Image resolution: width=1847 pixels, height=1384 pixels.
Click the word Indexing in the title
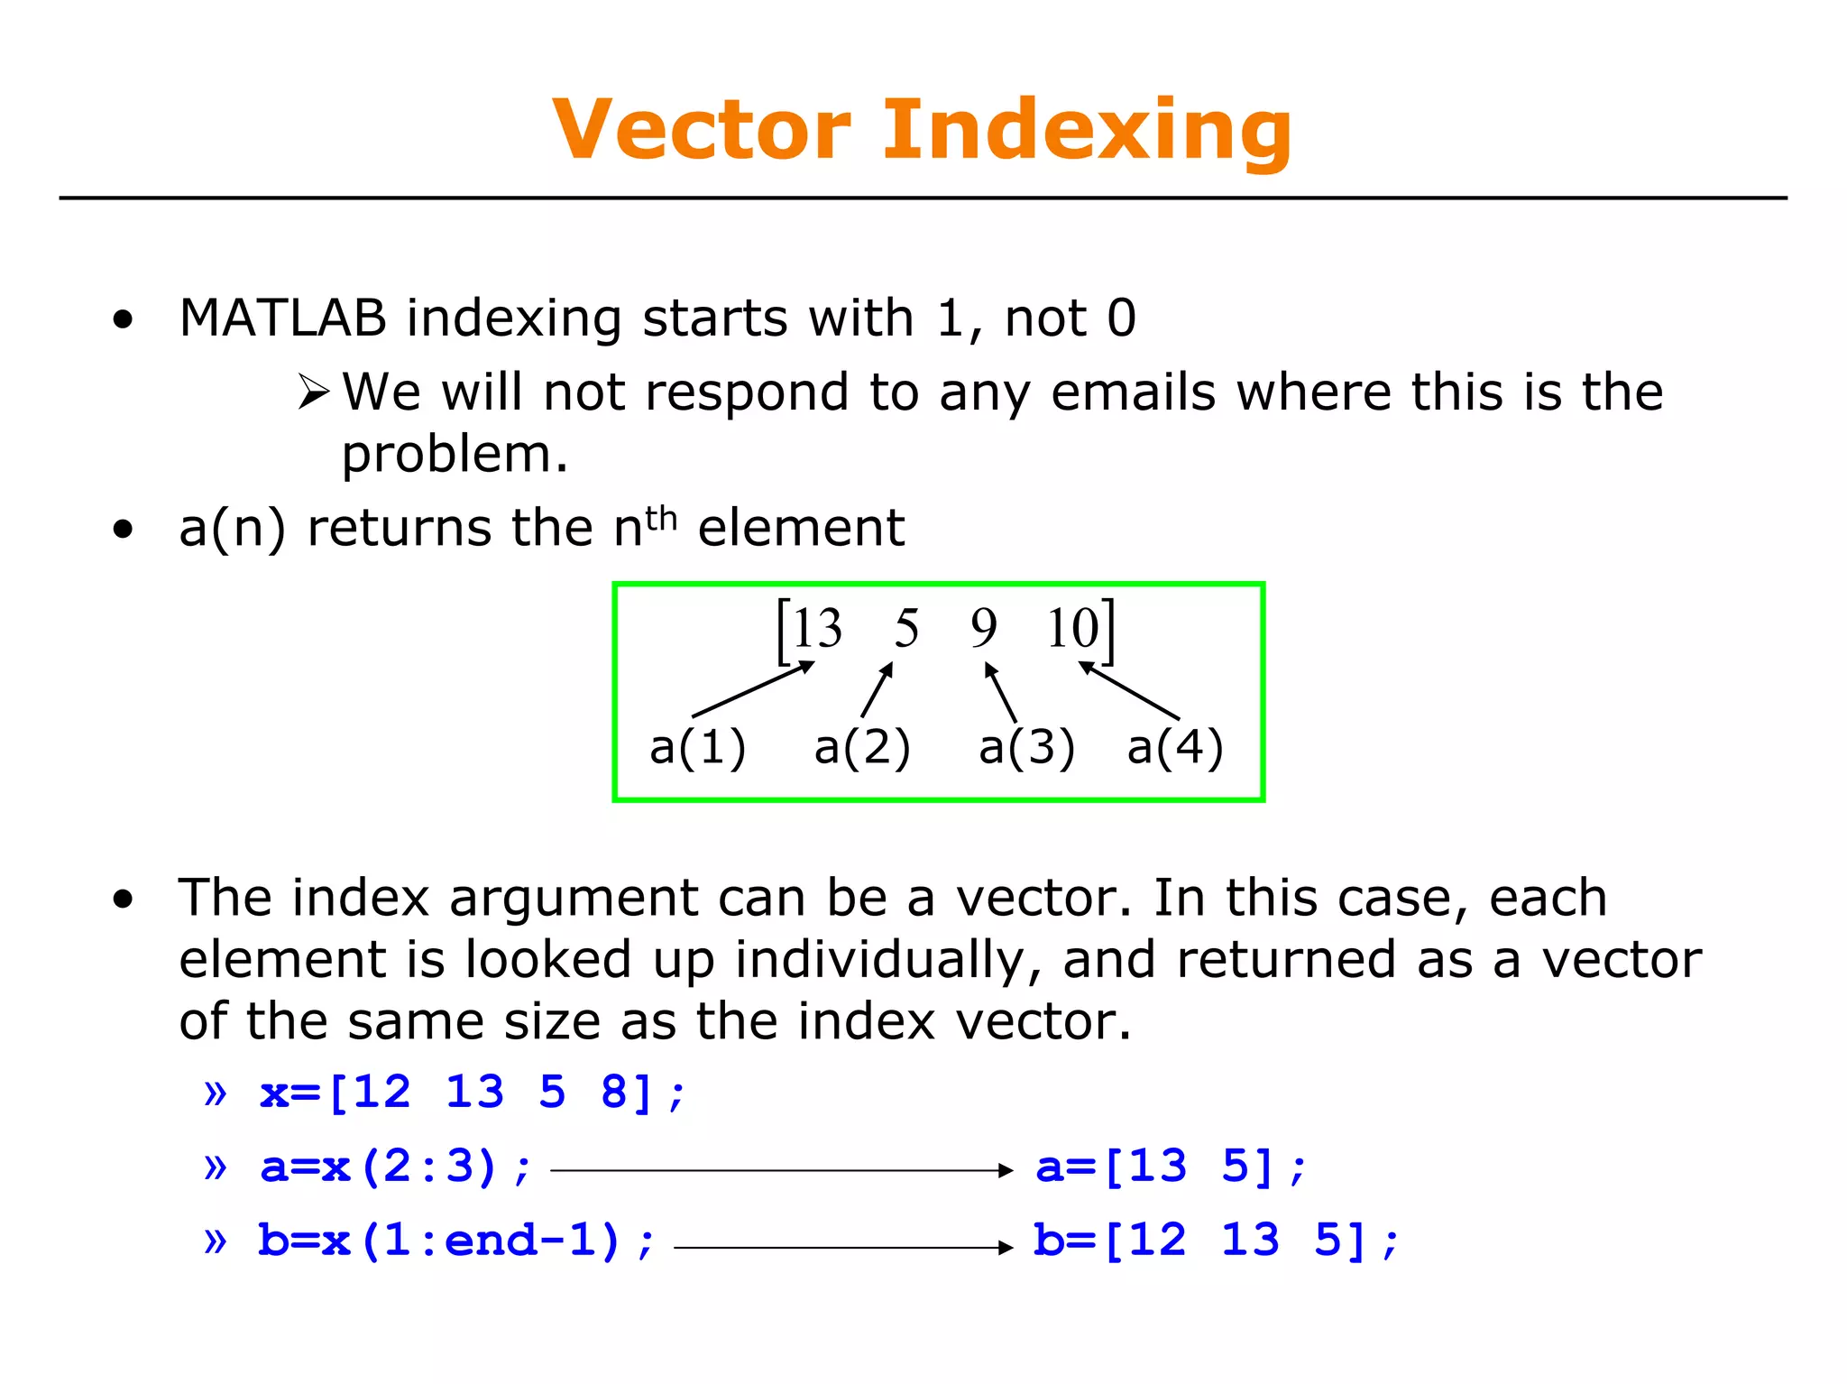(x=1087, y=132)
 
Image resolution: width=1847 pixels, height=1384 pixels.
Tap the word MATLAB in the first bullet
(x=282, y=318)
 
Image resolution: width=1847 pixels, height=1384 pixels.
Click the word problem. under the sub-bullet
(x=454, y=454)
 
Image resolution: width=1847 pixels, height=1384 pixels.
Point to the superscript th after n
(x=661, y=519)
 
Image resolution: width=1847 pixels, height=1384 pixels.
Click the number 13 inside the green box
(x=816, y=628)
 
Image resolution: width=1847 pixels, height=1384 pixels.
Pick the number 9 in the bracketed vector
(x=983, y=628)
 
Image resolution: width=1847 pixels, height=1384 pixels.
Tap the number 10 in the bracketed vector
(x=1072, y=628)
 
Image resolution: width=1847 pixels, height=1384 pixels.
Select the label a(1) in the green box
(x=697, y=747)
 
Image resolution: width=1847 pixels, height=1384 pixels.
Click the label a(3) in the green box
(x=1026, y=747)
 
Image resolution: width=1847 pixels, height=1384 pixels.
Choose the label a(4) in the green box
(x=1174, y=747)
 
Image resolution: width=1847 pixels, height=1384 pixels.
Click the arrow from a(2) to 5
(x=877, y=690)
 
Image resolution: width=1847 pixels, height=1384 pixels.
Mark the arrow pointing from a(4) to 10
(x=1129, y=691)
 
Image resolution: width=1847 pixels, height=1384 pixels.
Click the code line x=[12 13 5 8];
(x=473, y=1093)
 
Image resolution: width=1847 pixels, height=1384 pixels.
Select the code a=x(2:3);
(x=395, y=1167)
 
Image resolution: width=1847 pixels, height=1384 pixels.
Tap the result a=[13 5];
(x=1171, y=1167)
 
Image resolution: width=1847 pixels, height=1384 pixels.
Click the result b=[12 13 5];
(x=1215, y=1241)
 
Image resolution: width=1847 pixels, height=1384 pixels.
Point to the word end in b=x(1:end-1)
(x=491, y=1241)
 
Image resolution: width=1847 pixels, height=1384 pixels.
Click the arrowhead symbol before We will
(x=314, y=392)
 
